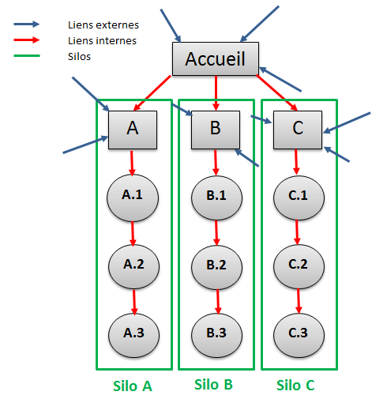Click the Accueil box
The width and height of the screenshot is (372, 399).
point(216,58)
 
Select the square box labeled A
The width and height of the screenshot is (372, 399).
point(133,130)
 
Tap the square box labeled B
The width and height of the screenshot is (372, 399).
point(216,130)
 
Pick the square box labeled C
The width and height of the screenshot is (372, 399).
point(298,130)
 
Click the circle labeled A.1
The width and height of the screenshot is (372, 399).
point(133,198)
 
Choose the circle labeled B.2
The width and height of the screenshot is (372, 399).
point(216,267)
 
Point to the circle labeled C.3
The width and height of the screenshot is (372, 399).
point(299,335)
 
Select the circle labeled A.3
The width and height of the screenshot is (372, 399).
point(133,335)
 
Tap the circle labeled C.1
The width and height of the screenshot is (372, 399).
point(299,198)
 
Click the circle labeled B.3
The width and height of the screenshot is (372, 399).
point(216,335)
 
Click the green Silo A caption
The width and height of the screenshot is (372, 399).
point(133,386)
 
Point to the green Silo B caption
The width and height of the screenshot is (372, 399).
point(213,385)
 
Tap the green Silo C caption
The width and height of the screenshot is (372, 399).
point(295,386)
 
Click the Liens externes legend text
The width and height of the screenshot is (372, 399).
point(103,25)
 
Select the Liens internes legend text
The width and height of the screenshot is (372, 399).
point(102,41)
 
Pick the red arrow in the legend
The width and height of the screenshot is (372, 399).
point(27,40)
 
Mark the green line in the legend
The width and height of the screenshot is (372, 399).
point(27,55)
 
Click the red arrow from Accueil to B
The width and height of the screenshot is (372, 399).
point(216,93)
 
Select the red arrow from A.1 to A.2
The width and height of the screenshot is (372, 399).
point(133,234)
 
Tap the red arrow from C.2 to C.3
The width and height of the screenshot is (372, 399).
point(299,301)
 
